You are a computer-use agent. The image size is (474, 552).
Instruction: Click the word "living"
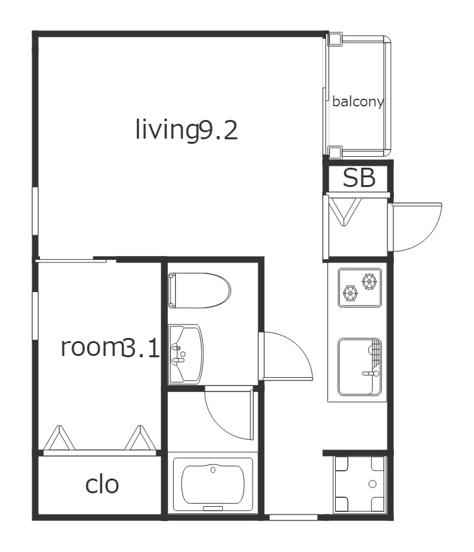[x=167, y=130]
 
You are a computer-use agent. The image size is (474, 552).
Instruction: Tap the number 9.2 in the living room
[x=218, y=130]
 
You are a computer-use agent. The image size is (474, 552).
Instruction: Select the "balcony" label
[x=358, y=102]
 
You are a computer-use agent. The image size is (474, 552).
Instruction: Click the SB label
[x=359, y=178]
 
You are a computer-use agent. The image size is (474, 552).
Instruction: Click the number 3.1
[x=141, y=348]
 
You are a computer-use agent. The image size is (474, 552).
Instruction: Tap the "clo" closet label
[x=102, y=485]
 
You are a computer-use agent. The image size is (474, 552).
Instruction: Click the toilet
[x=199, y=290]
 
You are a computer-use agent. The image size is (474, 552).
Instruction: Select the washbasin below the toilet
[x=186, y=353]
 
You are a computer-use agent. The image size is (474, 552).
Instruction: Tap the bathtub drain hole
[x=212, y=469]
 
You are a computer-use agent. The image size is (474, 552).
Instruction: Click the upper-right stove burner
[x=369, y=281]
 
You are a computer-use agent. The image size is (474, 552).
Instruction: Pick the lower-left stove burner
[x=350, y=293]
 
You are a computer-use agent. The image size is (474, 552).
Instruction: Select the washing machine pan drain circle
[x=372, y=484]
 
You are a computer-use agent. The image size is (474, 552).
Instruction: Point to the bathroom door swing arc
[x=219, y=422]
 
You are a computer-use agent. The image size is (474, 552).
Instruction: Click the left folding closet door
[x=59, y=439]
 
